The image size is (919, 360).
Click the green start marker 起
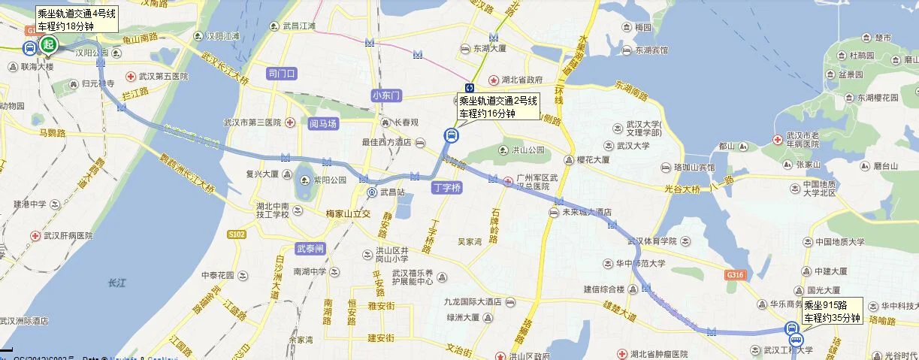pyautogui.click(x=49, y=45)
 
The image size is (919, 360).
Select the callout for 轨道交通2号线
pyautogui.click(x=498, y=107)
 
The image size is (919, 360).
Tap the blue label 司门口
pyautogui.click(x=283, y=73)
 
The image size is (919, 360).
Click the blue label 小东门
pyautogui.click(x=387, y=95)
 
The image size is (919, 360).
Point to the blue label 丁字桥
pyautogui.click(x=446, y=188)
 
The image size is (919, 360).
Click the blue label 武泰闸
pyautogui.click(x=310, y=248)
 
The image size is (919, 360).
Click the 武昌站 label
pyautogui.click(x=391, y=192)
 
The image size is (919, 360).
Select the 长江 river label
pyautogui.click(x=117, y=283)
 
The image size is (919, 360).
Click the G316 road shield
pyautogui.click(x=735, y=276)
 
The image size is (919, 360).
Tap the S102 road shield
pyautogui.click(x=237, y=234)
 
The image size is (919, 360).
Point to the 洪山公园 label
pyautogui.click(x=528, y=150)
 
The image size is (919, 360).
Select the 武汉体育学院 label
pyautogui.click(x=652, y=241)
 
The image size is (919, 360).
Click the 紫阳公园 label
pyautogui.click(x=330, y=180)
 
